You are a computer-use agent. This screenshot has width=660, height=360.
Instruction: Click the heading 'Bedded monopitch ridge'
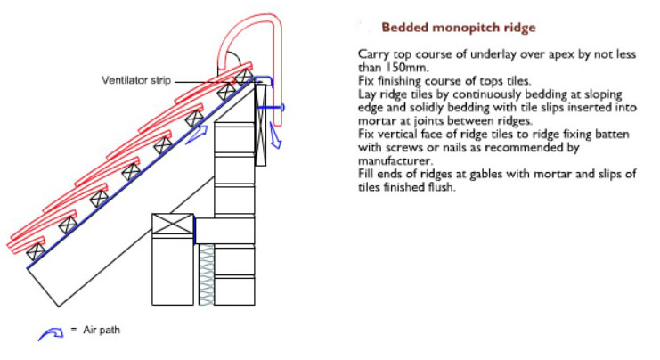(459, 28)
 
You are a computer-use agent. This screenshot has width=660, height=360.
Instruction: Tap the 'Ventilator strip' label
(136, 80)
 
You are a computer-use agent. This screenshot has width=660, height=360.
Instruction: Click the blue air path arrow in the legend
(51, 334)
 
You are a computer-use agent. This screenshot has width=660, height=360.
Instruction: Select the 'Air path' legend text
(102, 330)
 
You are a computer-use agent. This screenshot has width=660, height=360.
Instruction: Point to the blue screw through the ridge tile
(270, 108)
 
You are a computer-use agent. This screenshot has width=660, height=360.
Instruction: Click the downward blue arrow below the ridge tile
(275, 137)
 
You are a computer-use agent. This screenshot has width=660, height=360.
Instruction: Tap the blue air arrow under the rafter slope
(197, 135)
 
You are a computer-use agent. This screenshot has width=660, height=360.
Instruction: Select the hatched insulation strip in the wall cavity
(207, 274)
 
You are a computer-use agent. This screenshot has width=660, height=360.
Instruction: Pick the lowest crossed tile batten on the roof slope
(36, 252)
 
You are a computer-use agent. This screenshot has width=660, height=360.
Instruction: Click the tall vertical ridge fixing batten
(261, 125)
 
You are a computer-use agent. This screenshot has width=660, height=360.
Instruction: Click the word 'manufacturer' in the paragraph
(395, 161)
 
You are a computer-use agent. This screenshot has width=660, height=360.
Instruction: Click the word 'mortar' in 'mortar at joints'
(376, 121)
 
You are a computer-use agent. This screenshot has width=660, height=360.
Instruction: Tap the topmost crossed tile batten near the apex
(243, 78)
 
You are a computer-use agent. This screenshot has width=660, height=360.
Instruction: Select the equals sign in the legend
(74, 330)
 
